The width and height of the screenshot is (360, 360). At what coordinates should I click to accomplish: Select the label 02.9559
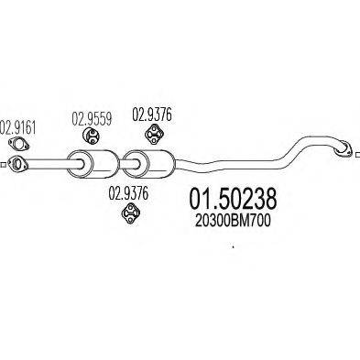[91, 116]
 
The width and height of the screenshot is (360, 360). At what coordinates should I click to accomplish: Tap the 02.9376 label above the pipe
[150, 115]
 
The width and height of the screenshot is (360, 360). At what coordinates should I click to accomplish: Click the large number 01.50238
[231, 199]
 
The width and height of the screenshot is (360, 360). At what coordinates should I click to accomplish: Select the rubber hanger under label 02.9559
[92, 136]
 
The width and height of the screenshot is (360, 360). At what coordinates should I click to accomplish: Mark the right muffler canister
[154, 164]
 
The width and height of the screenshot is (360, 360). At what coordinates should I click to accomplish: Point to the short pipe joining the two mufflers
[124, 164]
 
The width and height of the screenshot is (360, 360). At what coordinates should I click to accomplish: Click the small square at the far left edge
[5, 164]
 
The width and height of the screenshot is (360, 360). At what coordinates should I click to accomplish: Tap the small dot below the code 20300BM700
[233, 245]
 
